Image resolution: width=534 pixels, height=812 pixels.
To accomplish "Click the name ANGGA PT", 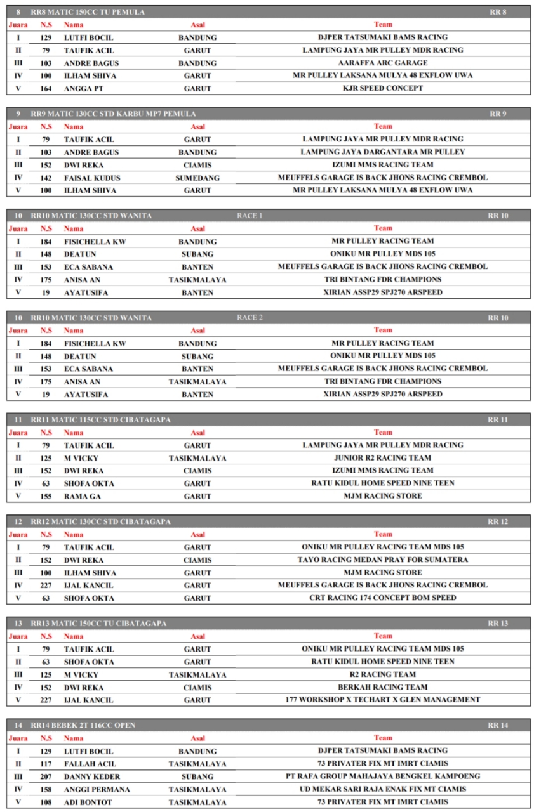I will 83,89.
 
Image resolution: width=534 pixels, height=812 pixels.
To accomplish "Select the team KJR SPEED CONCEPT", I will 382,88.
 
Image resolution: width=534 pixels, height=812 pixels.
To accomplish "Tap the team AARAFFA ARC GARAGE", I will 382,63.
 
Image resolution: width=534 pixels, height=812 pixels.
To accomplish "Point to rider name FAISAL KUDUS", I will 91,178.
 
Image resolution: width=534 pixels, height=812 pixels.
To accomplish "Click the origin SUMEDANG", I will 197,178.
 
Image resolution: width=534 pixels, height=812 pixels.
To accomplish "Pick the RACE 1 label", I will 250,216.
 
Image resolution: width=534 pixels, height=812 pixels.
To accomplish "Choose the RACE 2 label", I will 250,318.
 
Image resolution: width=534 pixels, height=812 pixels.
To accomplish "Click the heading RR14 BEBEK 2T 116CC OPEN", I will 83,725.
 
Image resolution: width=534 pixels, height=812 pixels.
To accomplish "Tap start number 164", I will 46,89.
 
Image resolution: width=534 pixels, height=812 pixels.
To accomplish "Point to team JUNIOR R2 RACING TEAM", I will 382,457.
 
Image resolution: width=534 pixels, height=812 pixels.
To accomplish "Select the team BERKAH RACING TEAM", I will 382,687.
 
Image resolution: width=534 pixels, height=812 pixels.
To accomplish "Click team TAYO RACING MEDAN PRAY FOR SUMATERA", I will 382,560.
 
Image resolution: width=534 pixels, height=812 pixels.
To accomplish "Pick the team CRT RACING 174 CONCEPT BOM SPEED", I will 382,598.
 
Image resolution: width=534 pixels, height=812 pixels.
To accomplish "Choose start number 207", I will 46,776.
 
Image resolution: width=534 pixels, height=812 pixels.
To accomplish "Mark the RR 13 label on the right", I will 498,624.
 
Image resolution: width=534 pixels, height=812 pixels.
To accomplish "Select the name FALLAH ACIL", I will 90,764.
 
